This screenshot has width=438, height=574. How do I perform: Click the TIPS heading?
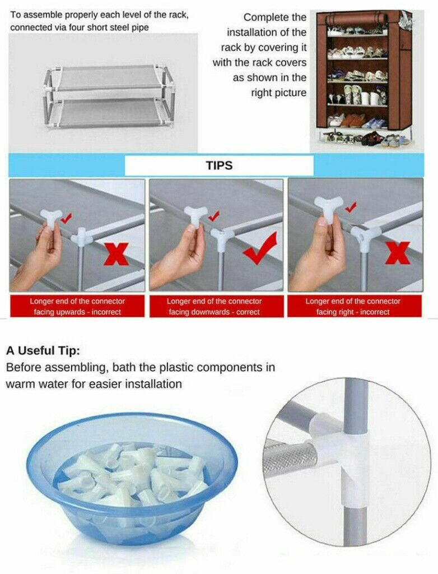tap(219, 165)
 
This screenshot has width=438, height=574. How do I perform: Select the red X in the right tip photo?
tap(398, 253)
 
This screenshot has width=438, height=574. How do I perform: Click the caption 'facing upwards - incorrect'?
tap(77, 312)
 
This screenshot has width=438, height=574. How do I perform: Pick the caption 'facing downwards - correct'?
tap(214, 312)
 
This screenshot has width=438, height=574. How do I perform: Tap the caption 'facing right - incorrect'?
tap(353, 312)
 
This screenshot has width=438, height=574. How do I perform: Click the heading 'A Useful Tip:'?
tap(43, 351)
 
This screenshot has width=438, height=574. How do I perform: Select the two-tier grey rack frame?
tap(109, 97)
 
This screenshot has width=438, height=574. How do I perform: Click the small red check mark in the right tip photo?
tap(351, 207)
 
